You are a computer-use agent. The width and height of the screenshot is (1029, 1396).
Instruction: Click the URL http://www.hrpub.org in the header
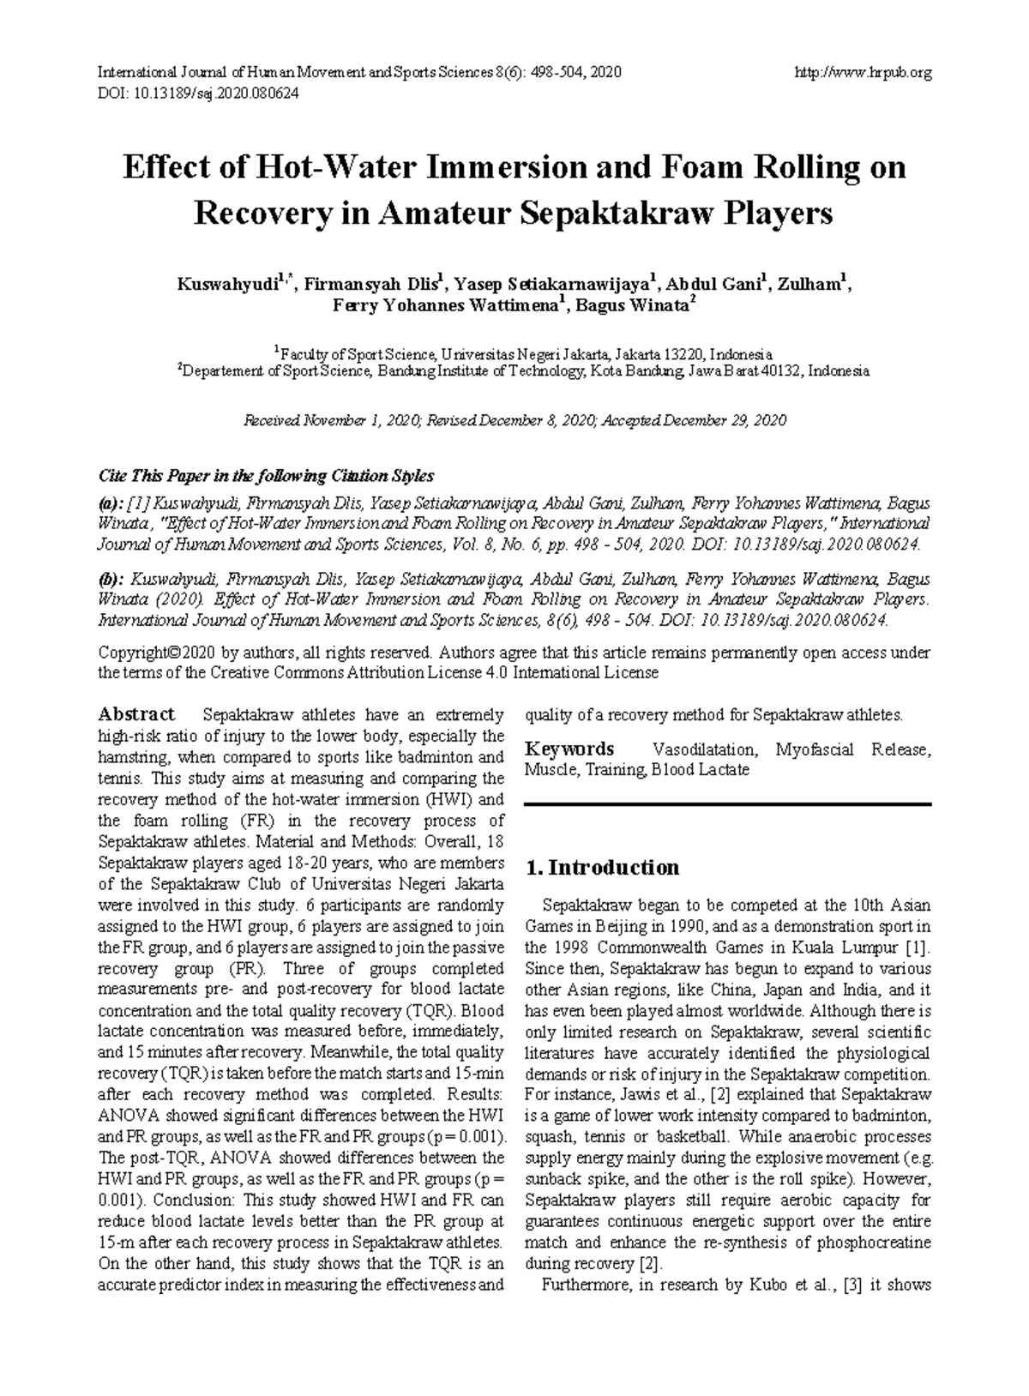click(x=864, y=73)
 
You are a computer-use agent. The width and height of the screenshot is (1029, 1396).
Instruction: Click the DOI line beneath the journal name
click(x=199, y=93)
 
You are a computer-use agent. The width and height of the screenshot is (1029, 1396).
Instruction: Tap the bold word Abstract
click(x=136, y=714)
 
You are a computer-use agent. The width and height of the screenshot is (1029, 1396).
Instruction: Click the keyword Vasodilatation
click(x=704, y=750)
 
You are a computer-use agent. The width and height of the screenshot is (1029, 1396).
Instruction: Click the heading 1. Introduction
click(x=602, y=868)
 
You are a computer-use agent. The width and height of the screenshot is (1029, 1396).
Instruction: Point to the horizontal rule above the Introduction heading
click(x=727, y=804)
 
